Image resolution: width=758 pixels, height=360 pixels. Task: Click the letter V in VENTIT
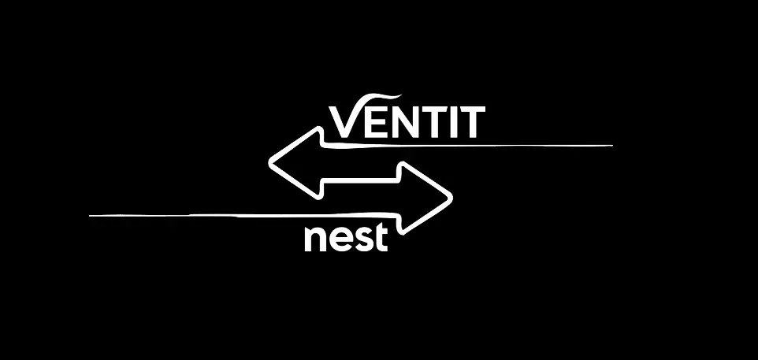(344, 122)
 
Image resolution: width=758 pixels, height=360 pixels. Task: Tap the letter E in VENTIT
(375, 123)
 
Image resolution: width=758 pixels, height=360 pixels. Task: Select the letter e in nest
(340, 239)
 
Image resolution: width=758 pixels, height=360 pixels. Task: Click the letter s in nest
(362, 239)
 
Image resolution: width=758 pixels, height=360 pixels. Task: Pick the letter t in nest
(381, 236)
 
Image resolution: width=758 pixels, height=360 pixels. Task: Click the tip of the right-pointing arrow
(452, 197)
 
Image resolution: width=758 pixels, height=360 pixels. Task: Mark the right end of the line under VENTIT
(611, 146)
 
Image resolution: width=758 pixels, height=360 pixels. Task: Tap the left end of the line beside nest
(91, 214)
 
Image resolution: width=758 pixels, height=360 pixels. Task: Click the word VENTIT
(406, 122)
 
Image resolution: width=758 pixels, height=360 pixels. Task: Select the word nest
(347, 237)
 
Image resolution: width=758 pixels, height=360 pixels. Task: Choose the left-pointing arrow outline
(299, 161)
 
